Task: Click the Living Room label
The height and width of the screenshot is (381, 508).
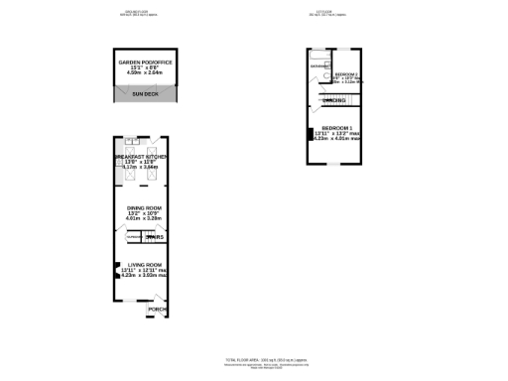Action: (x=143, y=265)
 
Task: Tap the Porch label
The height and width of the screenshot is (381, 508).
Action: (x=157, y=309)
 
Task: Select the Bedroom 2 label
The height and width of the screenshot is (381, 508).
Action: (x=346, y=75)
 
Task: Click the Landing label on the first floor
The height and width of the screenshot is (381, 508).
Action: (x=334, y=101)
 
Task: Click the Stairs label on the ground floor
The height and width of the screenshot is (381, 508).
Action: (x=154, y=238)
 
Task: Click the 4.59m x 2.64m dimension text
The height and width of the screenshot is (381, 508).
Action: (x=145, y=72)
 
